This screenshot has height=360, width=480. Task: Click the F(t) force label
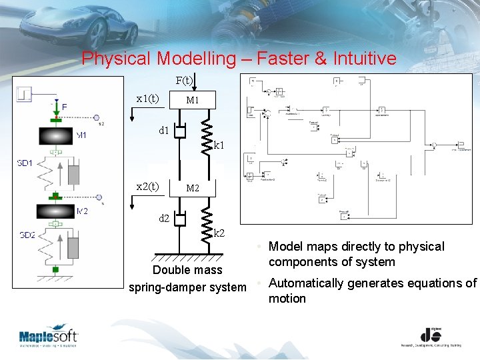coord(185,81)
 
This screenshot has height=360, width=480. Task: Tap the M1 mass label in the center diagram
coord(193,101)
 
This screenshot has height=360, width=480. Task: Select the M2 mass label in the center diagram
coord(193,189)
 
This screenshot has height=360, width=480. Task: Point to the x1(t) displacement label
coord(147,99)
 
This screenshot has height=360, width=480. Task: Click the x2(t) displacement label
coord(147,187)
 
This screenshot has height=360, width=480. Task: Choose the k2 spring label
coord(219,233)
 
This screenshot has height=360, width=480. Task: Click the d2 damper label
coord(163,218)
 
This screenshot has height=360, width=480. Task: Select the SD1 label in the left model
coord(27,163)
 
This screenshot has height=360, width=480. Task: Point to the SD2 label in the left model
coord(27,235)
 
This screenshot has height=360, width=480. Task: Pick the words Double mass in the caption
coord(187,270)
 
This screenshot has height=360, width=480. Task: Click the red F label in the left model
coord(64,106)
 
